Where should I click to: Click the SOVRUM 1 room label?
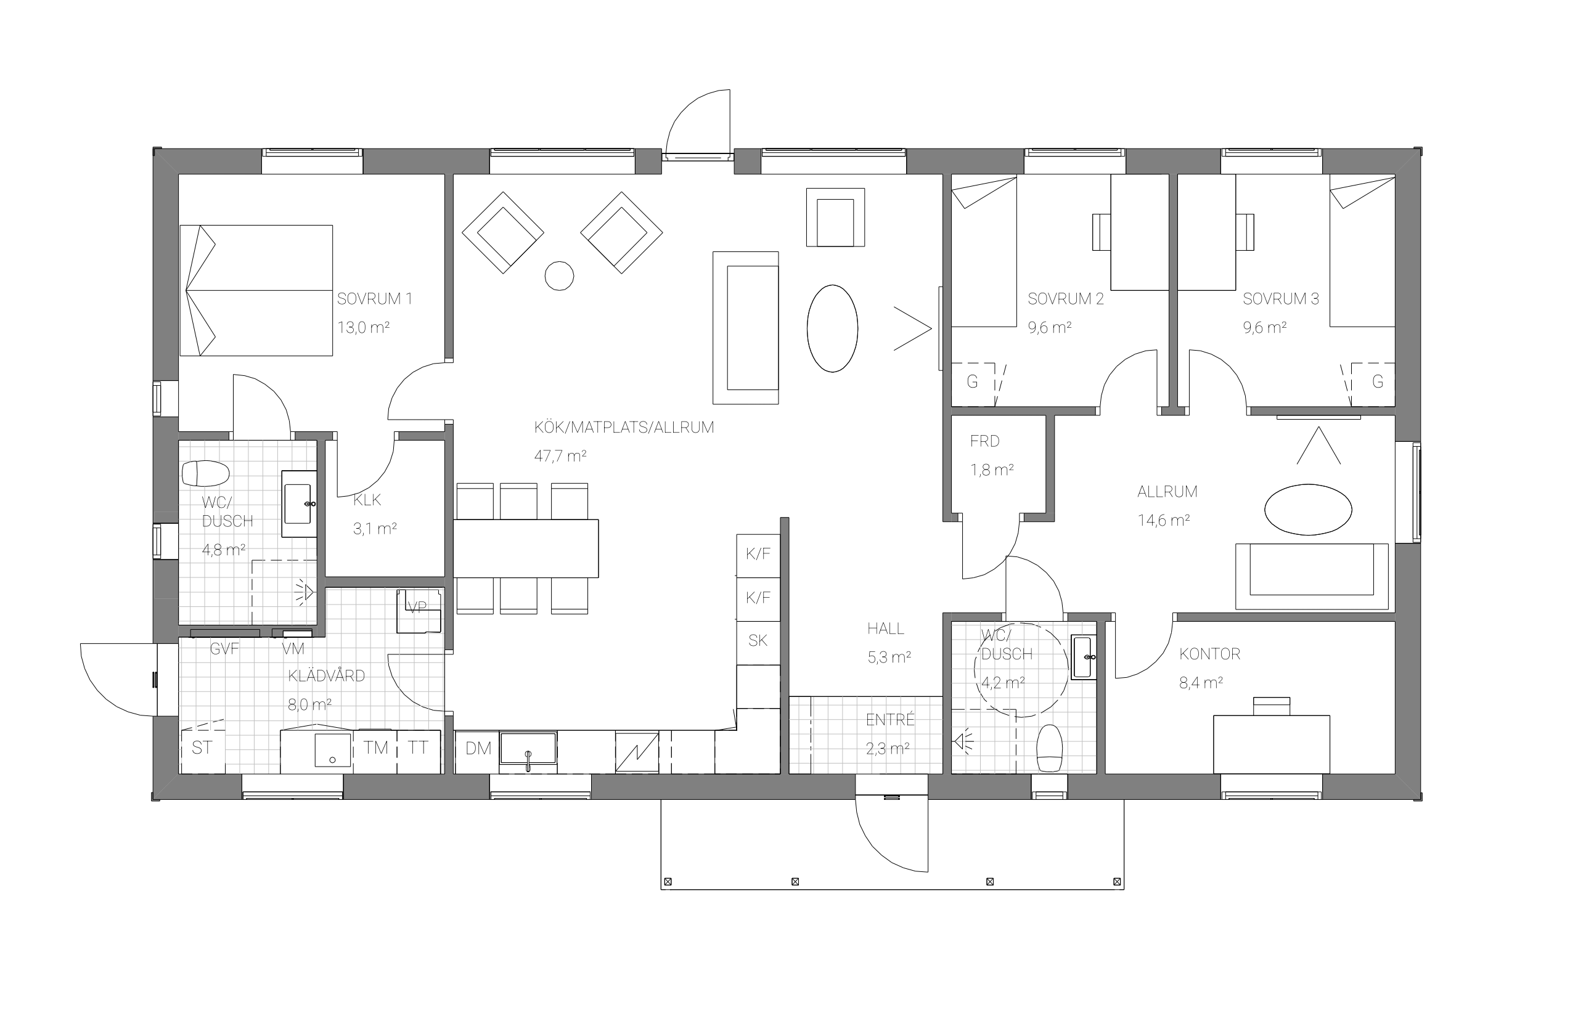click(x=374, y=299)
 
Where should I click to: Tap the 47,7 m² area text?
click(x=560, y=455)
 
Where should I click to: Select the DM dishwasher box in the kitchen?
click(x=477, y=752)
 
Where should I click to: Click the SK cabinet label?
click(x=758, y=640)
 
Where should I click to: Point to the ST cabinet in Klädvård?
click(x=202, y=751)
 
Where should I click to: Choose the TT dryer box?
click(x=419, y=752)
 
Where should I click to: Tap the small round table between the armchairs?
click(x=558, y=275)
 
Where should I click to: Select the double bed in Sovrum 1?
click(x=256, y=290)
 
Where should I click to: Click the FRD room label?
click(x=984, y=441)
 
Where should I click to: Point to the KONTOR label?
click(x=1210, y=654)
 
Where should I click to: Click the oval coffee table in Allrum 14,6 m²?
click(x=1307, y=509)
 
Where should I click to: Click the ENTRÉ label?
click(x=890, y=720)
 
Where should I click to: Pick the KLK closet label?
click(x=367, y=500)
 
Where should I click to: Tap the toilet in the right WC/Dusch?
click(x=1049, y=747)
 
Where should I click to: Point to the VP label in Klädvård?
click(x=417, y=608)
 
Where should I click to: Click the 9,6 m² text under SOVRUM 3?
click(x=1264, y=327)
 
